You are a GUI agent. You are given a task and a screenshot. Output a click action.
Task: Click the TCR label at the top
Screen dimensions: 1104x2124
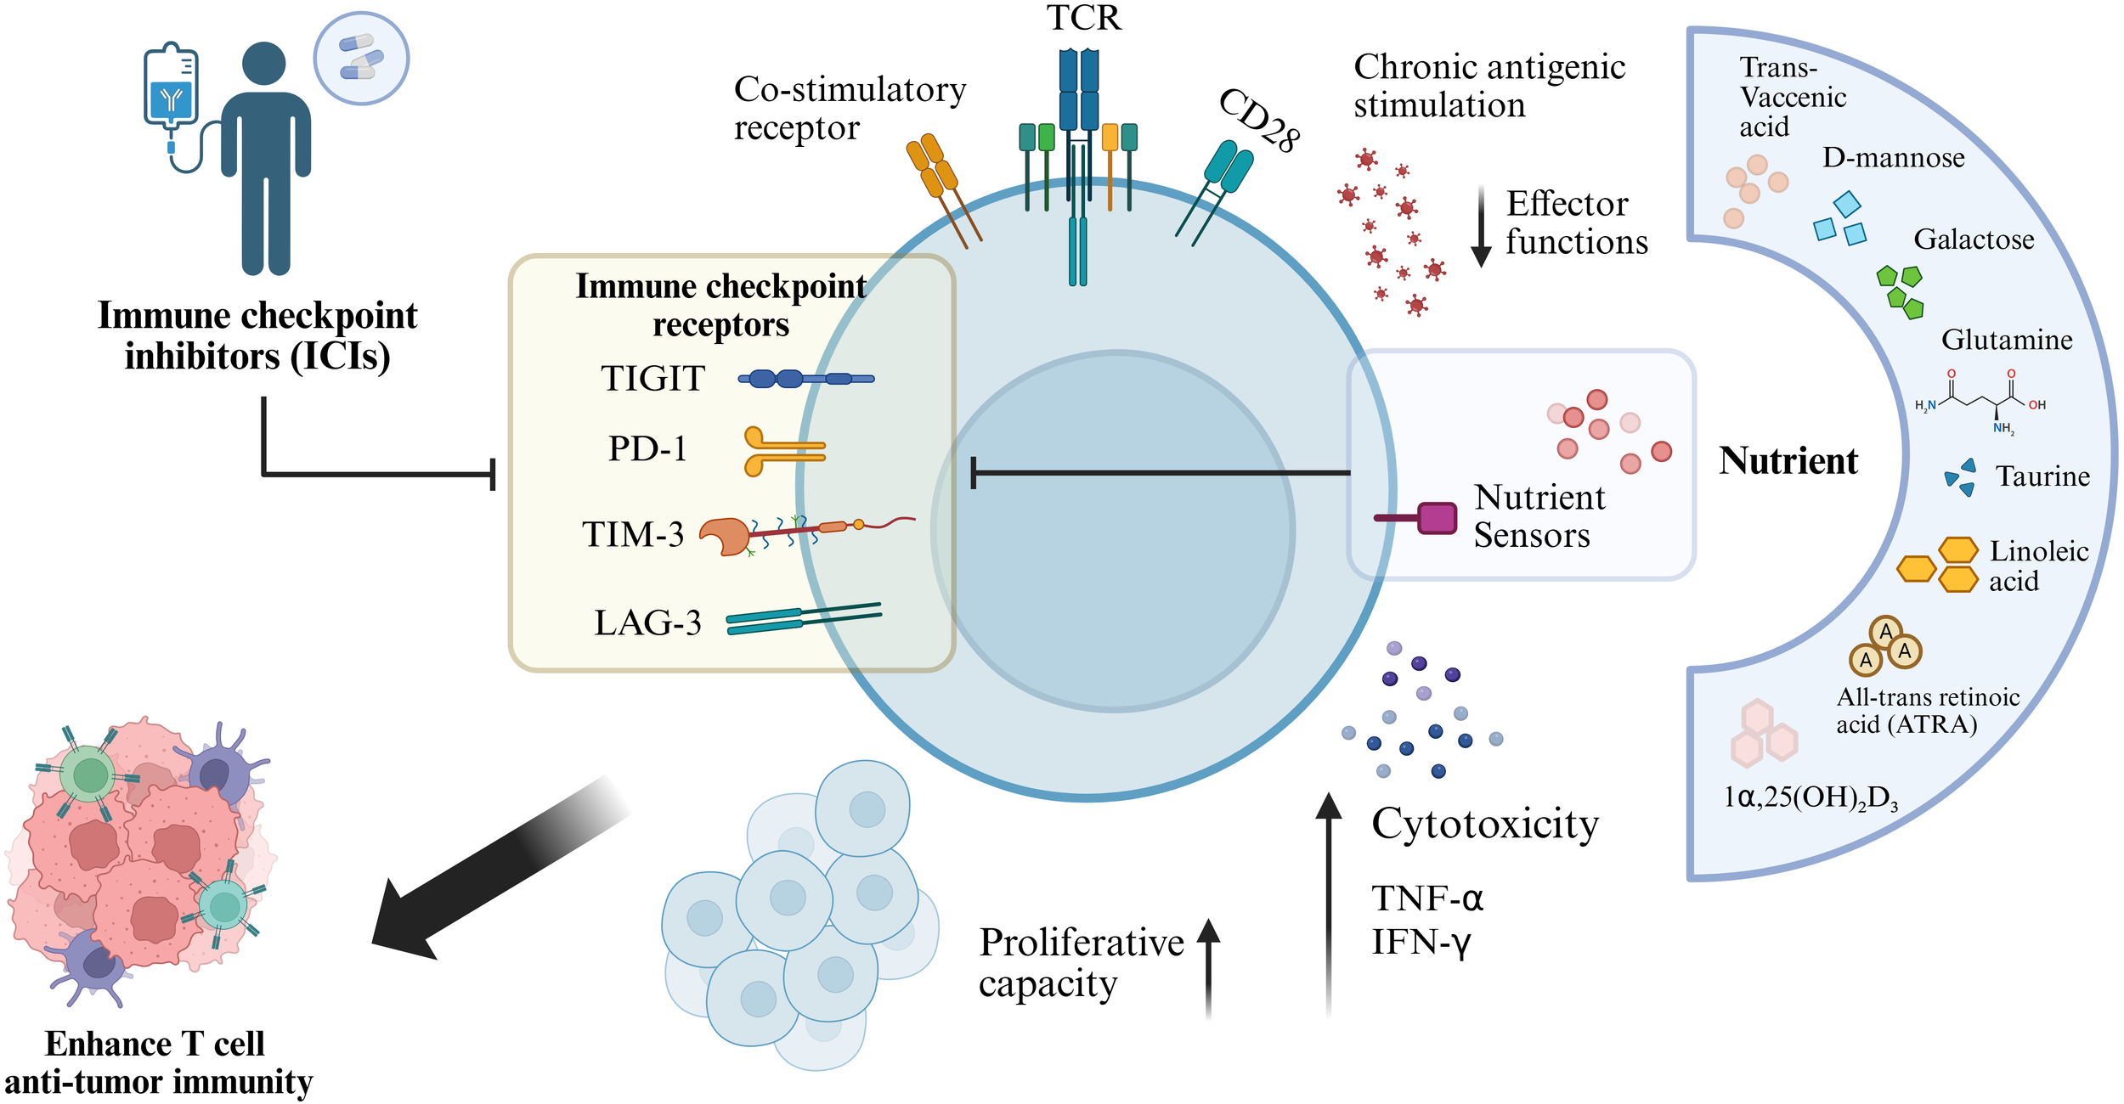tap(1083, 19)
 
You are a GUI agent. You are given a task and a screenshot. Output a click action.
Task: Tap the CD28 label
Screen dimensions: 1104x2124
tap(1259, 121)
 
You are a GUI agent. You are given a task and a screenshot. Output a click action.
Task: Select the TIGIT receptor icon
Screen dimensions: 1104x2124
tap(805, 379)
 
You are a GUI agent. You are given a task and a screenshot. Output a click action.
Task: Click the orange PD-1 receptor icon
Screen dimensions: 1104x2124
tap(782, 451)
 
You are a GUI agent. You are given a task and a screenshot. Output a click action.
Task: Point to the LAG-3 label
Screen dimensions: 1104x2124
tap(647, 622)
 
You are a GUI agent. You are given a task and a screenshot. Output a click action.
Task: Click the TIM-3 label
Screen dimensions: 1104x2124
tap(633, 534)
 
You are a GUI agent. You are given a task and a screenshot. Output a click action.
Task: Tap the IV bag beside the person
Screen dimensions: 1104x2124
tap(172, 89)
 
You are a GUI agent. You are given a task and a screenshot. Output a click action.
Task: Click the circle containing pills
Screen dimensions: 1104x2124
tap(361, 59)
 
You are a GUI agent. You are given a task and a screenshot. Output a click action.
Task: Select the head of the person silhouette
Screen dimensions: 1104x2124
tap(263, 64)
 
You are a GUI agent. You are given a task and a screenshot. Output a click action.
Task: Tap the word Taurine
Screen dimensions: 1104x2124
tap(2042, 476)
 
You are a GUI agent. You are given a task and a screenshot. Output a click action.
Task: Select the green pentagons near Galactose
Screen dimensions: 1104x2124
tap(1901, 291)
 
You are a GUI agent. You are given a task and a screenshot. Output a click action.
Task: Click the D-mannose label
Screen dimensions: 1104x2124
tap(1893, 158)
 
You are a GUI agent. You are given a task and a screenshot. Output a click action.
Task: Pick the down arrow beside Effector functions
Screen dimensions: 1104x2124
tap(1481, 226)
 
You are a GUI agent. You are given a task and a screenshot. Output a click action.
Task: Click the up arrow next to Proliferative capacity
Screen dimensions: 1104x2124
tap(1208, 968)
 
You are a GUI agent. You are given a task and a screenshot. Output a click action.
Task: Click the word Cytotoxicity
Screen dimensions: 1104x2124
tap(1485, 824)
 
